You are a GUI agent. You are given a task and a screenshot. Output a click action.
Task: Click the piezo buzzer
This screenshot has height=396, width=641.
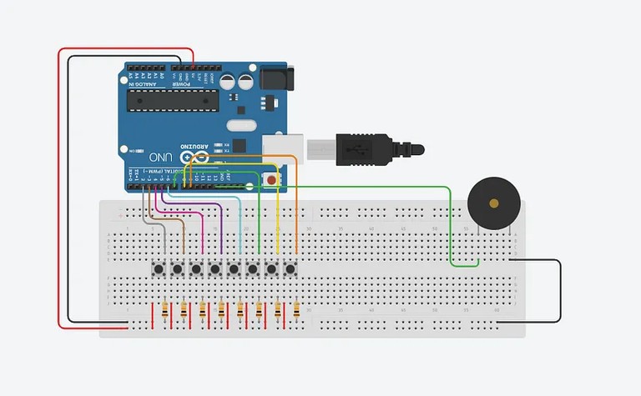click(493, 203)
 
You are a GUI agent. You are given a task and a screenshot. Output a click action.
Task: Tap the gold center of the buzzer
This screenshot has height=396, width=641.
click(493, 203)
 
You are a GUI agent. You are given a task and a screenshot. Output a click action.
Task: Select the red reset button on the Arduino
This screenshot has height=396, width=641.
click(270, 180)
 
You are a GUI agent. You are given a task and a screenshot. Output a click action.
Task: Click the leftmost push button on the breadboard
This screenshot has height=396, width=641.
click(158, 269)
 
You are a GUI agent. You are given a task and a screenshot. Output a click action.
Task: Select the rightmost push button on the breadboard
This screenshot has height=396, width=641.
click(290, 269)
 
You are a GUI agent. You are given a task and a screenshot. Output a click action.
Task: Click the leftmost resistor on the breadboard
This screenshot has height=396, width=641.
click(164, 311)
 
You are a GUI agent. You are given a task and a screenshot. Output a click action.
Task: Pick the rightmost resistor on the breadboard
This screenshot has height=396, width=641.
click(298, 311)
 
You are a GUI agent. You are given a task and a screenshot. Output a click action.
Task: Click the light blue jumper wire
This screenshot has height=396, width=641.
click(240, 225)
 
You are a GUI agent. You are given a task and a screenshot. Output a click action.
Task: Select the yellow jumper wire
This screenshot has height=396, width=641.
click(277, 225)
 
